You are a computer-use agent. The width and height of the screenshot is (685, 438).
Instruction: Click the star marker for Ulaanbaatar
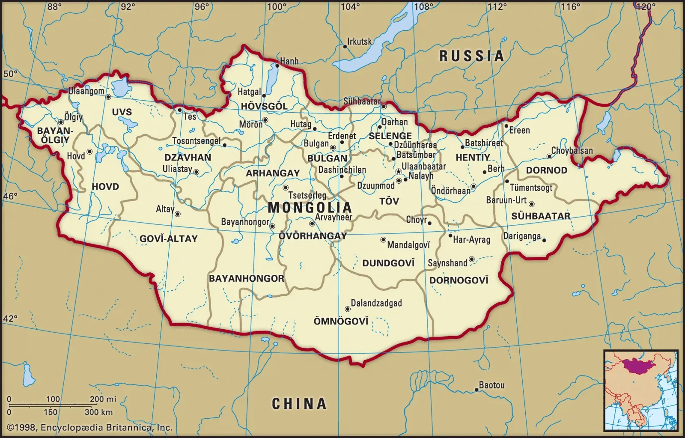click(399, 171)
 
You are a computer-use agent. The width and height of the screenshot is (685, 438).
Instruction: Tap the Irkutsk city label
click(359, 42)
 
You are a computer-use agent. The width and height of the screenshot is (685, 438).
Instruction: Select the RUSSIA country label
click(471, 56)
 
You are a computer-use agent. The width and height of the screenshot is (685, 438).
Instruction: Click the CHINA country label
click(299, 403)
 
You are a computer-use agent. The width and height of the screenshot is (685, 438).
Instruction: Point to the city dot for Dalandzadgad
click(347, 309)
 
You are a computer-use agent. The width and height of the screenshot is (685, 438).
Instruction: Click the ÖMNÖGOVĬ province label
click(341, 321)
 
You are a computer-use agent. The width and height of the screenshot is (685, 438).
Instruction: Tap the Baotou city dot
click(476, 390)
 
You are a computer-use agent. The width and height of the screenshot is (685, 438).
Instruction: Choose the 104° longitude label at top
click(350, 6)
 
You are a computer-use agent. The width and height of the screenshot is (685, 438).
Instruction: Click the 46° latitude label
click(10, 196)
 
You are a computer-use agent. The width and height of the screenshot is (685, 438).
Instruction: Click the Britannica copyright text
click(90, 427)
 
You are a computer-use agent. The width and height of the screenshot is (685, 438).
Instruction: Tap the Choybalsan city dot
click(549, 156)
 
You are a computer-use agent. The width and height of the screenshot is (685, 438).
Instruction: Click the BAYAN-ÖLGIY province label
click(55, 135)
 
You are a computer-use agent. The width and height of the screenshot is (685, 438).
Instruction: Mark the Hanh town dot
click(277, 66)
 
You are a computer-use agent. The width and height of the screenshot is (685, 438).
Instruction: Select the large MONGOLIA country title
click(310, 208)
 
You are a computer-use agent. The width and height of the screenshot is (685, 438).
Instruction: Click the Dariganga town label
click(522, 236)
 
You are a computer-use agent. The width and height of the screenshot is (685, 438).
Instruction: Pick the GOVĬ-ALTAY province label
click(168, 238)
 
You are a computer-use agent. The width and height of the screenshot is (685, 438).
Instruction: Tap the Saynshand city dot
click(471, 259)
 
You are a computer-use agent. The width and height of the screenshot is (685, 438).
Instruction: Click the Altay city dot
click(178, 214)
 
